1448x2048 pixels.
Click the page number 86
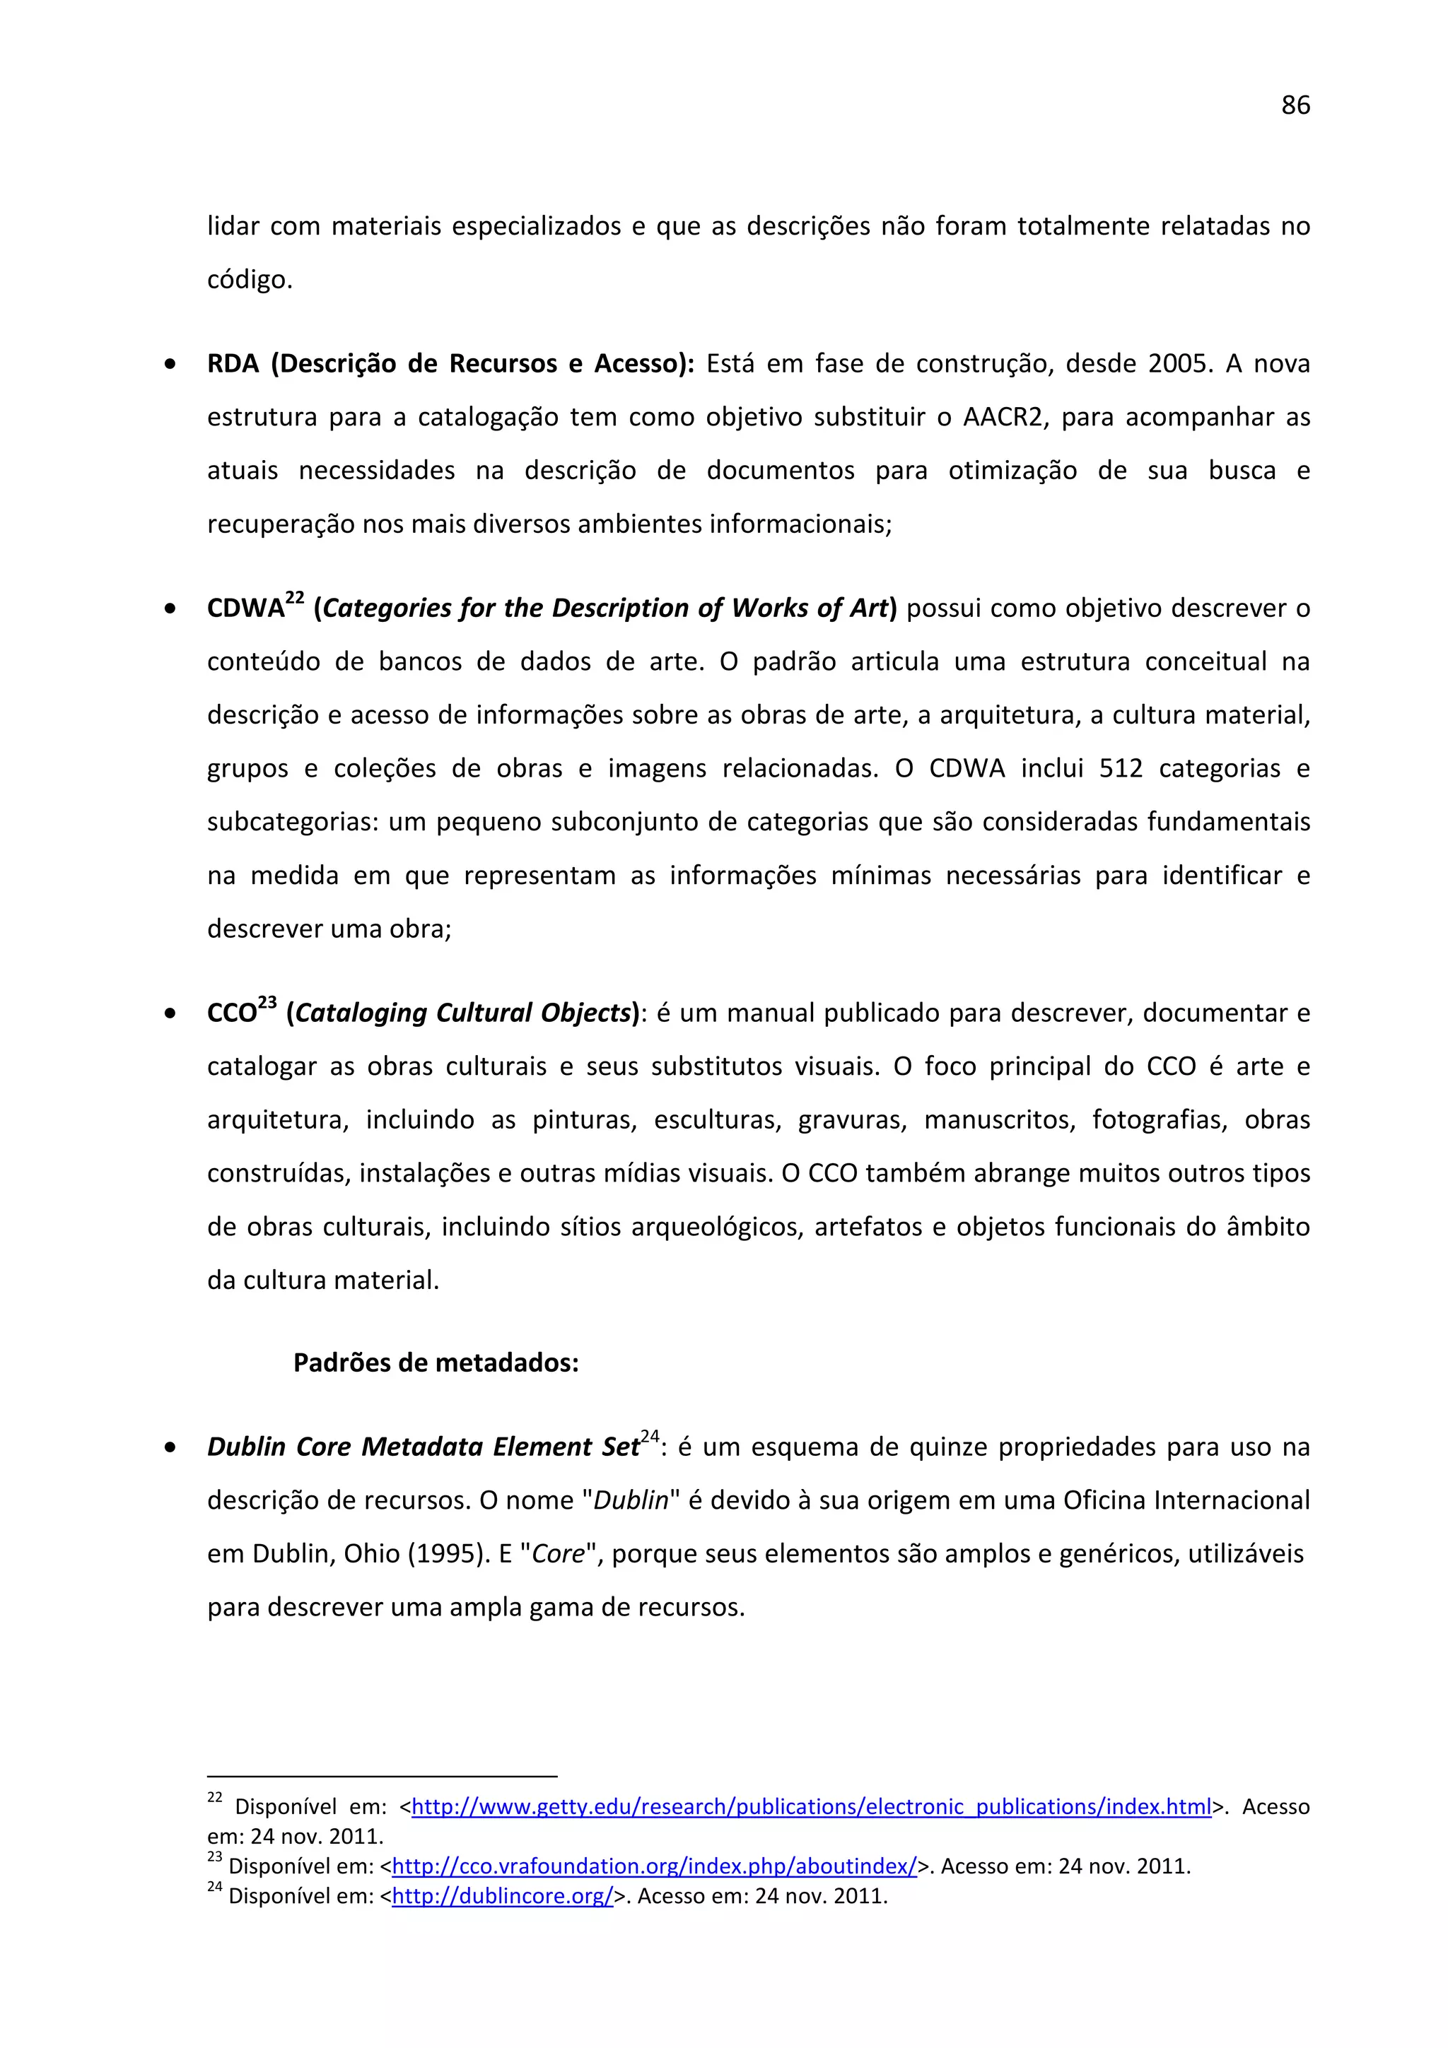tap(1295, 105)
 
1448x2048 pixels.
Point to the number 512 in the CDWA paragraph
tap(1121, 769)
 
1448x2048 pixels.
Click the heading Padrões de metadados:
tap(436, 1363)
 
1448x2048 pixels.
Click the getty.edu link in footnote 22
tap(811, 1807)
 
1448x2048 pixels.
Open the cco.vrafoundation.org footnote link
tap(654, 1866)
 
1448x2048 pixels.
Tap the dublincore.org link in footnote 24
tap(502, 1895)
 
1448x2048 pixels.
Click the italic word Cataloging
tap(361, 1013)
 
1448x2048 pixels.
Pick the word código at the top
tap(250, 280)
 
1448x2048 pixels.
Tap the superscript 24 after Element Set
tap(650, 1436)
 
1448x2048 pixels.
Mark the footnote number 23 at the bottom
tap(214, 1858)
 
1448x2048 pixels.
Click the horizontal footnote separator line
tap(382, 1776)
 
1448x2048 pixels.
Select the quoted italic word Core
tap(558, 1554)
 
